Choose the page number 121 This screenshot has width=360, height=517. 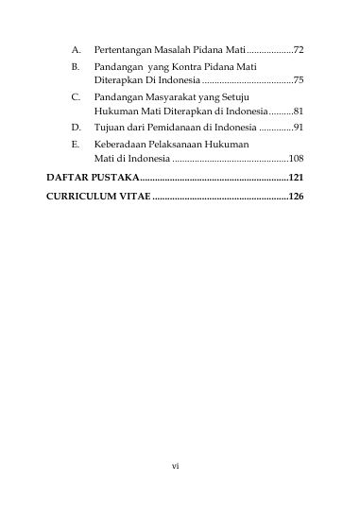click(295, 177)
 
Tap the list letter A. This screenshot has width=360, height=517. click(74, 47)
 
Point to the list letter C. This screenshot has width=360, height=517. click(74, 96)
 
